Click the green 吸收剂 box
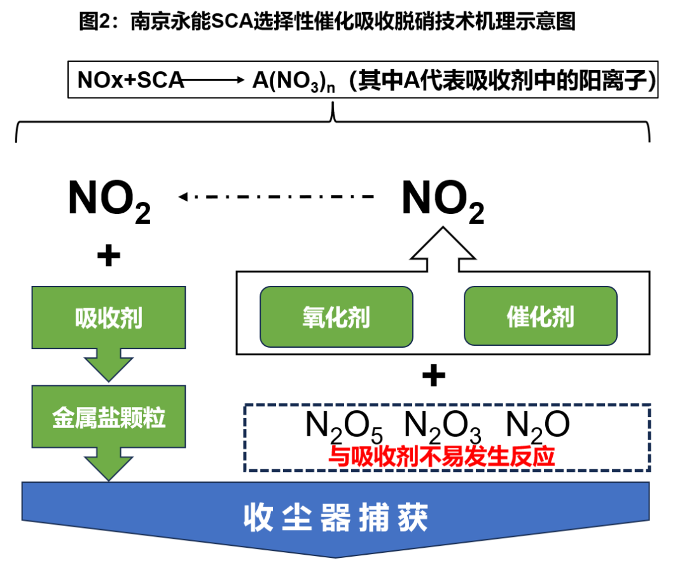[108, 317]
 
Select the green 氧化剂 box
[336, 317]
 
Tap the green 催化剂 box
[540, 317]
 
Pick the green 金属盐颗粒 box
[108, 418]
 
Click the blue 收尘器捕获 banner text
[336, 517]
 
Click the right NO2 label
[443, 201]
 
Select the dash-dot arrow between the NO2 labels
[277, 197]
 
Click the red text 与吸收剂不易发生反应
[441, 457]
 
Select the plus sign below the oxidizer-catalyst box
[434, 377]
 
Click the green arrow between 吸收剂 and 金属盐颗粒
[108, 364]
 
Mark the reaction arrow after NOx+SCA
[213, 80]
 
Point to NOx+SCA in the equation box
[130, 80]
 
